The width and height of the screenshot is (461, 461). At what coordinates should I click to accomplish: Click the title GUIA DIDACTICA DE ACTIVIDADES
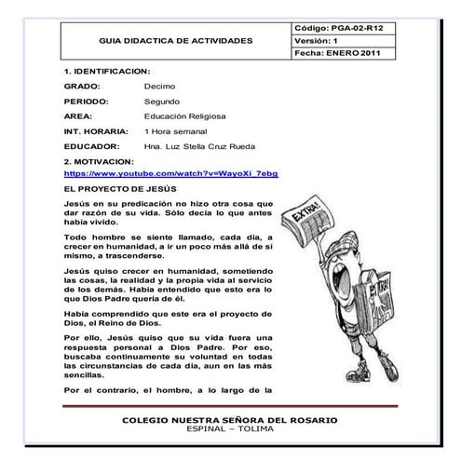pos(175,42)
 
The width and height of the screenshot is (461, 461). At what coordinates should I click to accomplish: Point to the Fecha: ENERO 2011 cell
pos(342,54)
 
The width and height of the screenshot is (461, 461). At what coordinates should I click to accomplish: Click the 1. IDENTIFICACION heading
pos(106,71)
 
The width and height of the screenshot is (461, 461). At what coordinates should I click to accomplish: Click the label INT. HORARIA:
pos(94,131)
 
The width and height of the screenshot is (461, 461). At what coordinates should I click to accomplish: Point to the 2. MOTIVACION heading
pos(100,161)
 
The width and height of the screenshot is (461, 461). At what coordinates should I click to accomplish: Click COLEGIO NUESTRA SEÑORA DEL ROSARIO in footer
pos(229,421)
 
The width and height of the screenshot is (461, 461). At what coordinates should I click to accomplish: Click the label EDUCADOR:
pos(91,147)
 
